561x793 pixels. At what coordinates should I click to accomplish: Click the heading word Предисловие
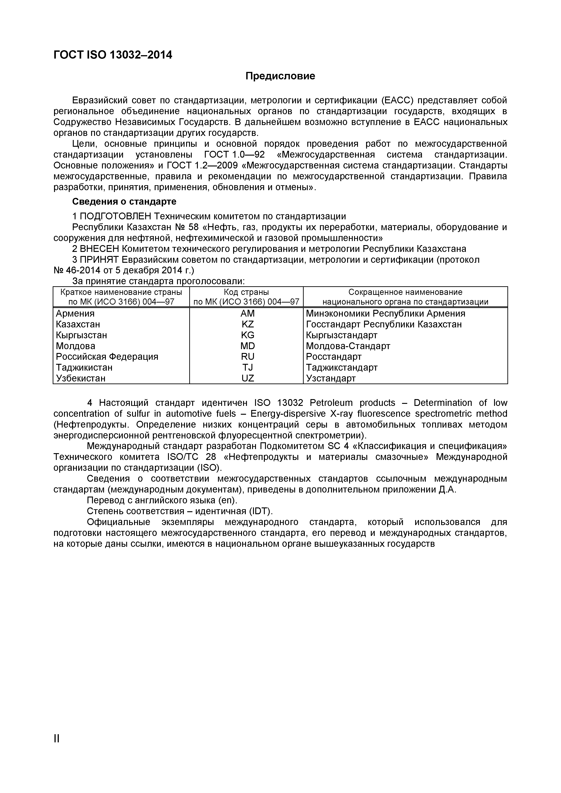(280, 76)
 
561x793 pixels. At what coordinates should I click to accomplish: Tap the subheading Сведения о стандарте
(124, 201)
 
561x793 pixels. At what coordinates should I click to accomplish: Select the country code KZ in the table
(247, 324)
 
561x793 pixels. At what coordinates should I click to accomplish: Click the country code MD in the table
(247, 346)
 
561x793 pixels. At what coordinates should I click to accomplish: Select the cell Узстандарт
(331, 379)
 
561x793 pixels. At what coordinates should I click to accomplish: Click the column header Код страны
(246, 292)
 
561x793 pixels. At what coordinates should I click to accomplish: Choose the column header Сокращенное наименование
(405, 292)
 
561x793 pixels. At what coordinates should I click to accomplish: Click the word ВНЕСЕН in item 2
(99, 249)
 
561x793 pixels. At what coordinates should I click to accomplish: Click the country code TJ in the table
(247, 367)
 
